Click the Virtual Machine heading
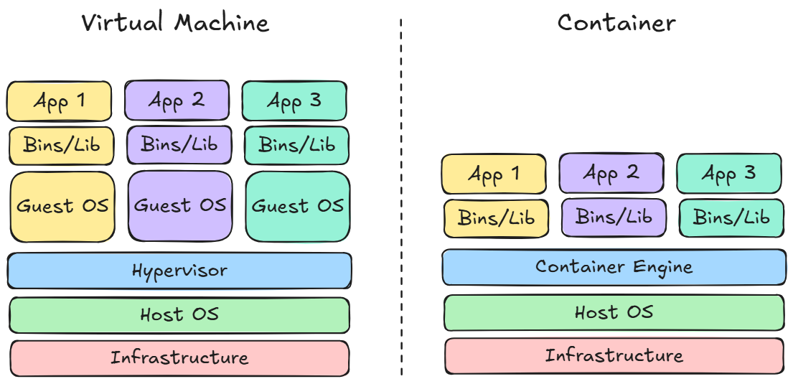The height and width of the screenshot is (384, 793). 175,22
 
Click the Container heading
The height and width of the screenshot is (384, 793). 616,22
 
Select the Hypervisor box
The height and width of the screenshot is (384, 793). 179,271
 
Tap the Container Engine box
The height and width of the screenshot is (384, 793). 614,268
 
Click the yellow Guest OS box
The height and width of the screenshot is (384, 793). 62,206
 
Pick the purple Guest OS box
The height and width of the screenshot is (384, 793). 180,205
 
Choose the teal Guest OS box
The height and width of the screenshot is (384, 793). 298,206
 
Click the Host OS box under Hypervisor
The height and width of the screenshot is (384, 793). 179,314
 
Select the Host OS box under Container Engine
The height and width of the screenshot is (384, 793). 614,312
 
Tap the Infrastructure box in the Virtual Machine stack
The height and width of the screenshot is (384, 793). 179,357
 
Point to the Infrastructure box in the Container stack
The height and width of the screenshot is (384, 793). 614,355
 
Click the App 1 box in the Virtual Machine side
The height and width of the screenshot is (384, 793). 60,100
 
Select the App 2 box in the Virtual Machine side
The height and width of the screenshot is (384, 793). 177,100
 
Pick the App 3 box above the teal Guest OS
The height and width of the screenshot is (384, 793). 294,101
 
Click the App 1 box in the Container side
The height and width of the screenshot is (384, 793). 494,174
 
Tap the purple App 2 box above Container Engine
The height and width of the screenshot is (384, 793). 611,172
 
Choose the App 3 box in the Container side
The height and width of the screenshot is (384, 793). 729,173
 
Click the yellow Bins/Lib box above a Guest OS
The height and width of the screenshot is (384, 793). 62,145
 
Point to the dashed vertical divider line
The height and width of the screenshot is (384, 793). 400,194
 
